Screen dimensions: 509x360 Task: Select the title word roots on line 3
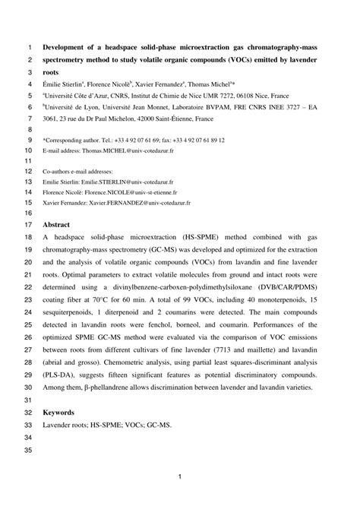pyautogui.click(x=52, y=71)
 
